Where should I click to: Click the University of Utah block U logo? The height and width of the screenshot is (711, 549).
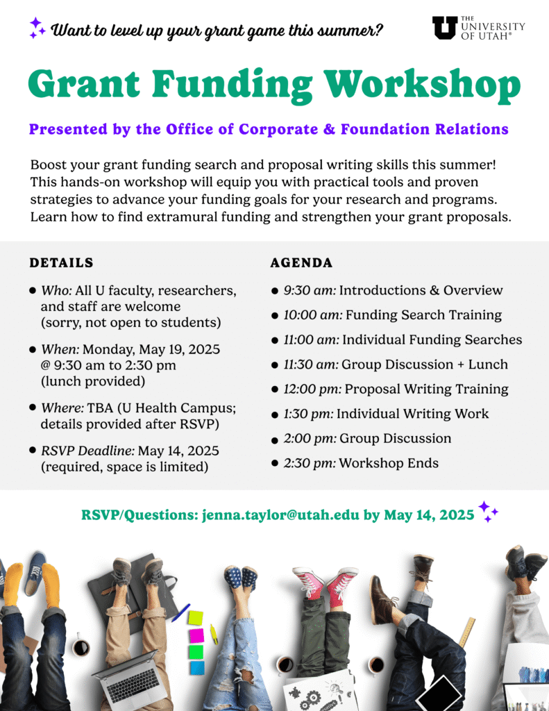pyautogui.click(x=445, y=28)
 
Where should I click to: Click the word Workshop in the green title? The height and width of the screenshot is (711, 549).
pyautogui.click(x=423, y=84)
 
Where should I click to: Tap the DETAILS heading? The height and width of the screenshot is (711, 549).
pyautogui.click(x=61, y=262)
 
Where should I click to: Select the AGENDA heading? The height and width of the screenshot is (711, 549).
pyautogui.click(x=301, y=262)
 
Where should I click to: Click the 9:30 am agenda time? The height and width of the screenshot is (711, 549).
pyautogui.click(x=310, y=290)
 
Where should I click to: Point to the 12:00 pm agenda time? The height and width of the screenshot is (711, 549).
pyautogui.click(x=312, y=389)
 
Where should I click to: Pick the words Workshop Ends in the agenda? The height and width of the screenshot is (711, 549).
pyautogui.click(x=389, y=463)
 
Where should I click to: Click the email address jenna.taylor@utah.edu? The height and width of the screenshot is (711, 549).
pyautogui.click(x=280, y=515)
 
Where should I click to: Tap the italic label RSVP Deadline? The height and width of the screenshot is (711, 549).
pyautogui.click(x=88, y=451)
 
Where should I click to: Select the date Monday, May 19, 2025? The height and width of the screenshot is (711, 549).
pyautogui.click(x=151, y=350)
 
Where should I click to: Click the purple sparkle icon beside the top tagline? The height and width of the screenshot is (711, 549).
pyautogui.click(x=37, y=28)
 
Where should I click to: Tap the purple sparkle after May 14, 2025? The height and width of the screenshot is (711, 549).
pyautogui.click(x=488, y=512)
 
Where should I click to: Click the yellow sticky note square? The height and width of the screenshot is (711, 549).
pyautogui.click(x=196, y=617)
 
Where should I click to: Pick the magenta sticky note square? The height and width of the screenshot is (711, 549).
pyautogui.click(x=196, y=635)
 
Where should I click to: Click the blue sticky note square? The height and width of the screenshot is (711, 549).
pyautogui.click(x=197, y=668)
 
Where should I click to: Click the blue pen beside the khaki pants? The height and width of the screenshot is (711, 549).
pyautogui.click(x=180, y=612)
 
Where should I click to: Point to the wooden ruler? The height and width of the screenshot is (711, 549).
pyautogui.click(x=466, y=632)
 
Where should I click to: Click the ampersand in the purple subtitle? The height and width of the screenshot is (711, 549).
pyautogui.click(x=329, y=129)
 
